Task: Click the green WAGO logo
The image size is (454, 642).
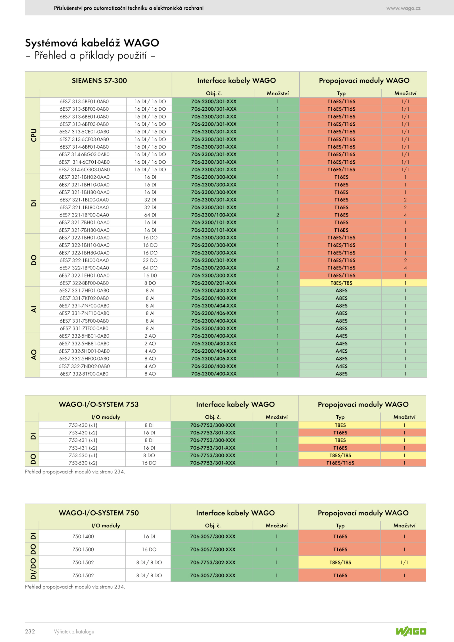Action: (x=411, y=631)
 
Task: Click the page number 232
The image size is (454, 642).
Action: (x=30, y=631)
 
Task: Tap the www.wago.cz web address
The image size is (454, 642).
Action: (x=403, y=8)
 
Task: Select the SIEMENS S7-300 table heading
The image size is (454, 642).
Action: (x=99, y=81)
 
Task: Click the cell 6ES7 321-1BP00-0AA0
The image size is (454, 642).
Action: (x=84, y=215)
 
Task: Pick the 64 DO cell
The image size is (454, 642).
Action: (x=150, y=268)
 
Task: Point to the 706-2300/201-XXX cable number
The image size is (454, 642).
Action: (x=214, y=283)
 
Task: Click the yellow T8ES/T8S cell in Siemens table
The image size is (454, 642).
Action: (x=341, y=283)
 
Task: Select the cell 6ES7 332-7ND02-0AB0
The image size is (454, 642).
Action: (x=84, y=366)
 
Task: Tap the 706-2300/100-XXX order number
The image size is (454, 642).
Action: (x=214, y=215)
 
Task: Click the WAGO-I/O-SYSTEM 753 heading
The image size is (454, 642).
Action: (x=99, y=404)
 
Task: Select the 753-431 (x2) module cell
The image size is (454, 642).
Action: (x=83, y=448)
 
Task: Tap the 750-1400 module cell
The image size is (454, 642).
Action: (x=83, y=536)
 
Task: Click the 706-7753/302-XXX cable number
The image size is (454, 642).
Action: (x=213, y=563)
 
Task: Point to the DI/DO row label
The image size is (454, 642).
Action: (x=33, y=569)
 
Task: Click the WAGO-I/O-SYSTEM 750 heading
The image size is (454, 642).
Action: (x=99, y=513)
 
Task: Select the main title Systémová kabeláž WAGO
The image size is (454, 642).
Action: (x=92, y=43)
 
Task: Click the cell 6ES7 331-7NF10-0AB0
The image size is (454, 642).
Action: (x=84, y=313)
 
